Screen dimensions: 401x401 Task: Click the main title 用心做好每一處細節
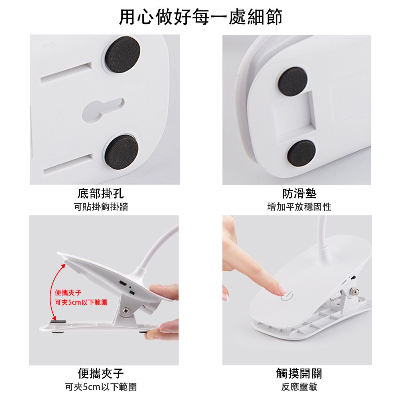(201, 17)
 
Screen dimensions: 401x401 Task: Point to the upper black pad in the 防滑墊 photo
(293, 81)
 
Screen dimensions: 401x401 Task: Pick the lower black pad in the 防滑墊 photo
(301, 153)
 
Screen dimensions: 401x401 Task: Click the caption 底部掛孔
(101, 193)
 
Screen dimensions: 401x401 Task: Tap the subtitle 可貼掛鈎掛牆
(101, 207)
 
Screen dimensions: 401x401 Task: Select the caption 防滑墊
(299, 193)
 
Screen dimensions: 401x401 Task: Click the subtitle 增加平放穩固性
(299, 207)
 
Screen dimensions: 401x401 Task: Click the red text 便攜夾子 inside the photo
(68, 293)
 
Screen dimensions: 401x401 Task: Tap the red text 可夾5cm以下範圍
(81, 302)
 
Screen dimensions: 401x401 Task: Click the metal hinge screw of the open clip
(126, 310)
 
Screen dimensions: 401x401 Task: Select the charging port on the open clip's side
(123, 284)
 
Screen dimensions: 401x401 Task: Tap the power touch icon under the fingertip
(287, 296)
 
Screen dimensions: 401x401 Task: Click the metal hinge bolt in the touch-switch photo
(354, 291)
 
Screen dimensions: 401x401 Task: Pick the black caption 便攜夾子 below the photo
(101, 373)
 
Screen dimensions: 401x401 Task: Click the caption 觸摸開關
(299, 373)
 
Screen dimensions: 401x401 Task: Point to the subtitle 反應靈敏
(299, 387)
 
